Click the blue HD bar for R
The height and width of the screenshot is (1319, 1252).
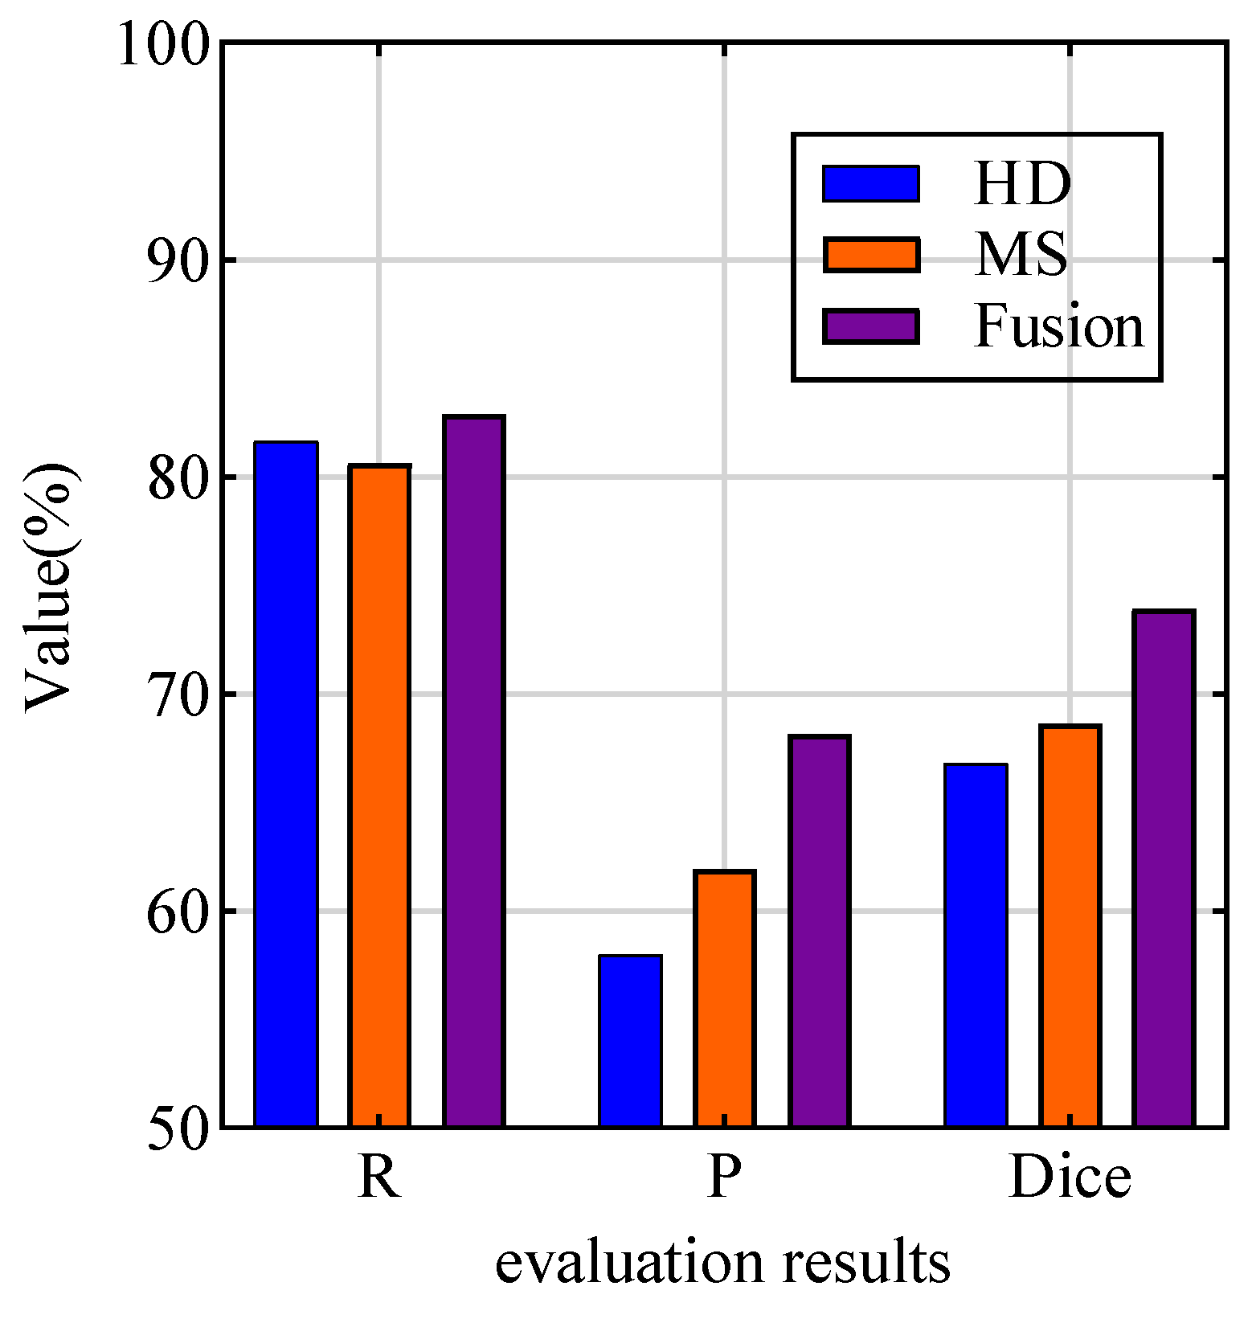point(286,784)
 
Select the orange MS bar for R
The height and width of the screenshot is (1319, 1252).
point(379,796)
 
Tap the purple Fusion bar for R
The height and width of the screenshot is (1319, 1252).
point(474,772)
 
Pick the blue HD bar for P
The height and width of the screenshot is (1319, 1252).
point(631,1041)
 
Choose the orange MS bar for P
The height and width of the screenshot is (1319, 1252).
point(725,998)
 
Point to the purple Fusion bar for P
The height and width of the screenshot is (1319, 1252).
point(820,931)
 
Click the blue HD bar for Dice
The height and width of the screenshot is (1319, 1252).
point(976,945)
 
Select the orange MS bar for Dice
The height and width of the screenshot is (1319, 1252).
point(1070,926)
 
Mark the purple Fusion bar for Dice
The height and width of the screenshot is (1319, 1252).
point(1164,869)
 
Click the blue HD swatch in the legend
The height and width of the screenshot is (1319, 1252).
point(871,184)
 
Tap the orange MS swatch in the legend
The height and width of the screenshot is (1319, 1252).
point(871,255)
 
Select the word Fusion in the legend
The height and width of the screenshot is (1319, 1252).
point(1059,327)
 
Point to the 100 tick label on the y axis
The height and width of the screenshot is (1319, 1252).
point(164,45)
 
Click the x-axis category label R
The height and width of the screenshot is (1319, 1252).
point(379,1178)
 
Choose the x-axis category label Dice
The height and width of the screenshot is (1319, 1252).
point(1070,1178)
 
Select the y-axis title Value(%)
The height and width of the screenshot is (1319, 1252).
point(51,587)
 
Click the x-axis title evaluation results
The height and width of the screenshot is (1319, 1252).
point(722,1264)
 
